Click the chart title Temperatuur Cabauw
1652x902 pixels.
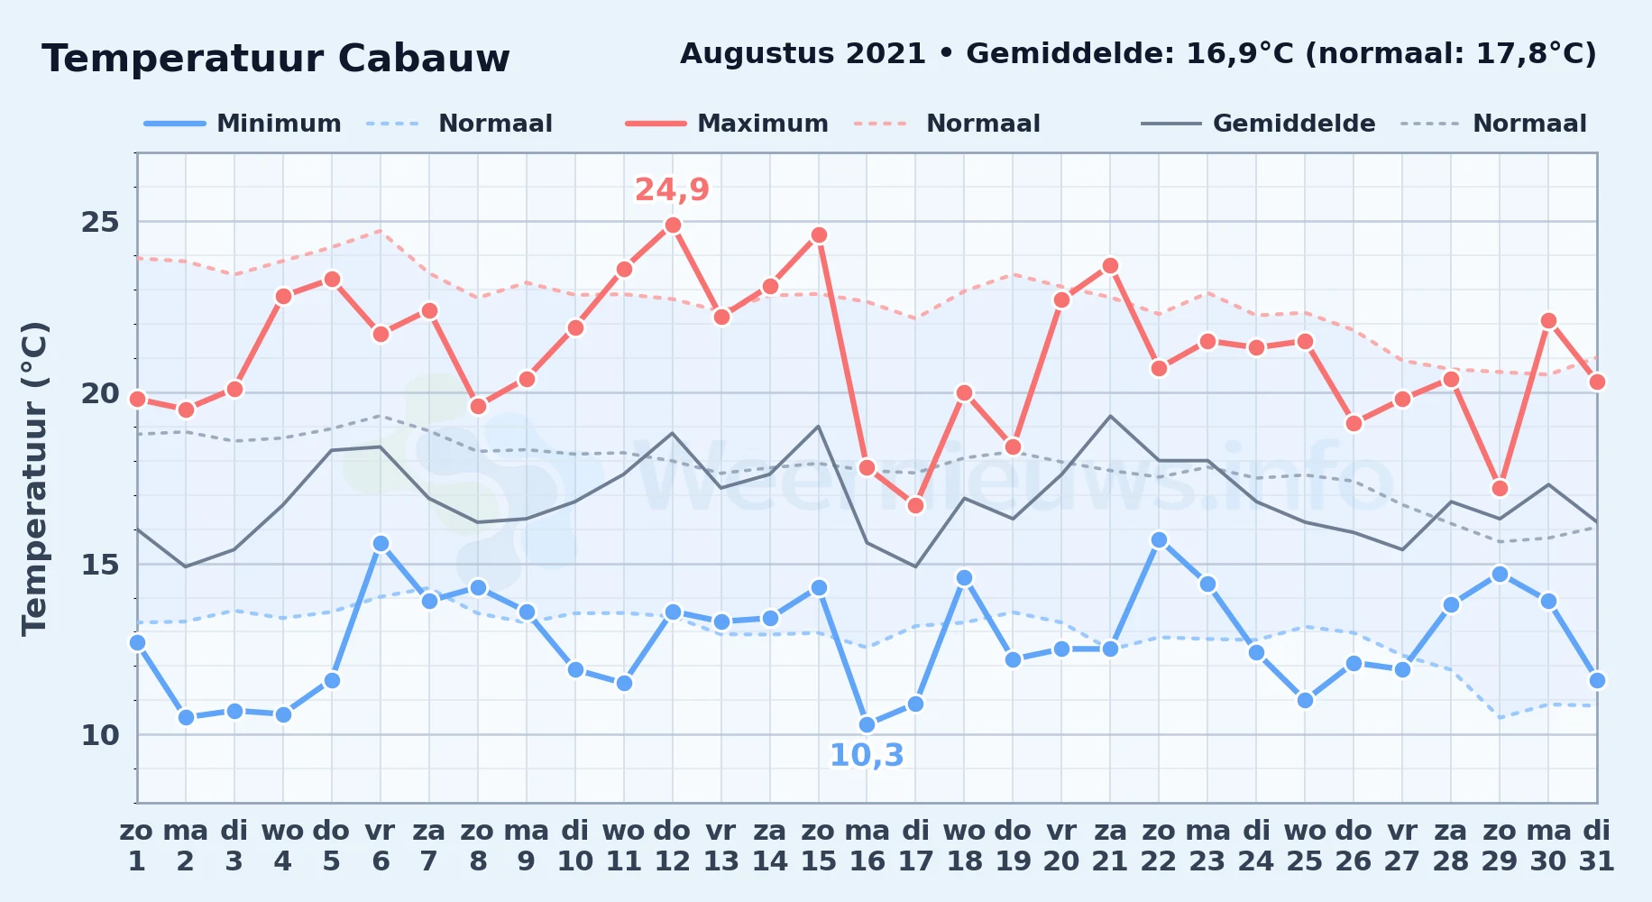tap(276, 59)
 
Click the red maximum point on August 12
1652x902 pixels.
tap(673, 225)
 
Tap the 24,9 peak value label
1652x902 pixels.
tap(672, 190)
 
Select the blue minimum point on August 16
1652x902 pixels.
tap(867, 724)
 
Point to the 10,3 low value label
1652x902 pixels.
tap(867, 756)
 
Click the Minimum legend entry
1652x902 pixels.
tap(243, 124)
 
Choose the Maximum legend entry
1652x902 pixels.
tap(727, 124)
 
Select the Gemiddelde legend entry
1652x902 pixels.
tap(1259, 124)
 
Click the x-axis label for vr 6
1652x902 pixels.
tap(381, 846)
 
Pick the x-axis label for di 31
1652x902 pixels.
tap(1597, 846)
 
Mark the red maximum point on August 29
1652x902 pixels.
tap(1500, 488)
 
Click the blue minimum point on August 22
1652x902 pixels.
tap(1159, 539)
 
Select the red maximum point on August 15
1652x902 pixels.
tap(819, 235)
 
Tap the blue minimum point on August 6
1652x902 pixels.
tap(381, 543)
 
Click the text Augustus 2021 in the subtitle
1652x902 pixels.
tap(803, 54)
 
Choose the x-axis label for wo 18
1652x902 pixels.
tap(964, 846)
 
